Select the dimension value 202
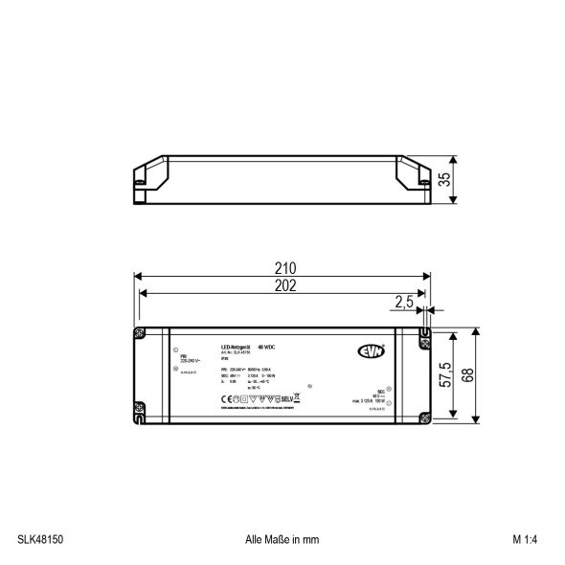point(284,285)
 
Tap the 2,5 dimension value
point(404,302)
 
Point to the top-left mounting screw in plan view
point(141,334)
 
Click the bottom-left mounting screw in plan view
point(141,416)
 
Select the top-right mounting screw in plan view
point(422,334)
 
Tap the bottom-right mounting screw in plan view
point(422,416)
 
